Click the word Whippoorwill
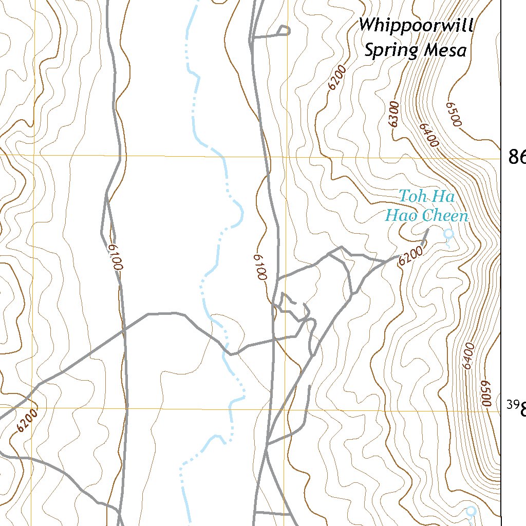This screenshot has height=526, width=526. coord(416,25)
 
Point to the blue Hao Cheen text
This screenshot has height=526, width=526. coord(427,216)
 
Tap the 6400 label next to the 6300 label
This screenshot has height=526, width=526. coord(428,135)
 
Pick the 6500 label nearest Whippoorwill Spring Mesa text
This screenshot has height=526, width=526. coord(455,113)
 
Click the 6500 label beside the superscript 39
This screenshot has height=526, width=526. coord(486,394)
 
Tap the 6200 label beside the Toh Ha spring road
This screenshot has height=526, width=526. coord(411,255)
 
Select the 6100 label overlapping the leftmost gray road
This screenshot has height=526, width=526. coord(116,257)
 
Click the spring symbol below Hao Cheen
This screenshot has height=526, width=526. coord(448,235)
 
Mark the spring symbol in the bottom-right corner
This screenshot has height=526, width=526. coord(470,511)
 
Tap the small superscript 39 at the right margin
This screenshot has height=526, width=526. coord(512,405)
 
